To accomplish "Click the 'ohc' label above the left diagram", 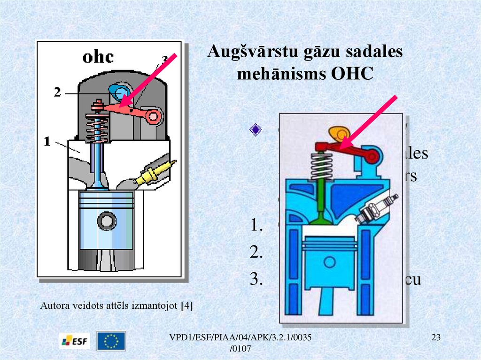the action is point(98,57).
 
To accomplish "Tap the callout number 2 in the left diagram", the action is point(57,93).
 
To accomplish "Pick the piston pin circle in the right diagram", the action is point(329,261).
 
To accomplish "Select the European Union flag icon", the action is point(111,341).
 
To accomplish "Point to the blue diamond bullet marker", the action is point(255,130).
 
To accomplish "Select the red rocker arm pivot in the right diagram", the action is point(371,156).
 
